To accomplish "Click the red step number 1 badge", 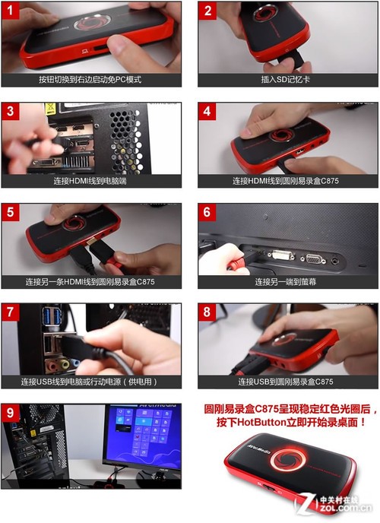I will click(x=11, y=11).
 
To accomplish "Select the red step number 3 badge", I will click(x=11, y=111).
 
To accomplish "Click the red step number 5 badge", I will click(x=11, y=212).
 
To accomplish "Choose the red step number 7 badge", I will click(x=11, y=312).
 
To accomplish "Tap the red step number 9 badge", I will click(x=11, y=413).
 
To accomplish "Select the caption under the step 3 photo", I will click(x=91, y=180).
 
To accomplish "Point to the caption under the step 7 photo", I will click(x=91, y=382).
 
